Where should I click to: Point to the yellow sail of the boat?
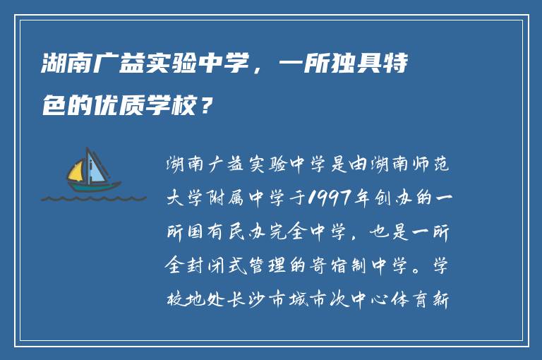click(76, 171)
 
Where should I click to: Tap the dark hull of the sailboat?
click(92, 187)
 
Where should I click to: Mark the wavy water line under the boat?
click(92, 198)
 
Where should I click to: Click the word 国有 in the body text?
click(205, 232)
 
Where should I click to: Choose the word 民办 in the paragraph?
click(247, 232)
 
